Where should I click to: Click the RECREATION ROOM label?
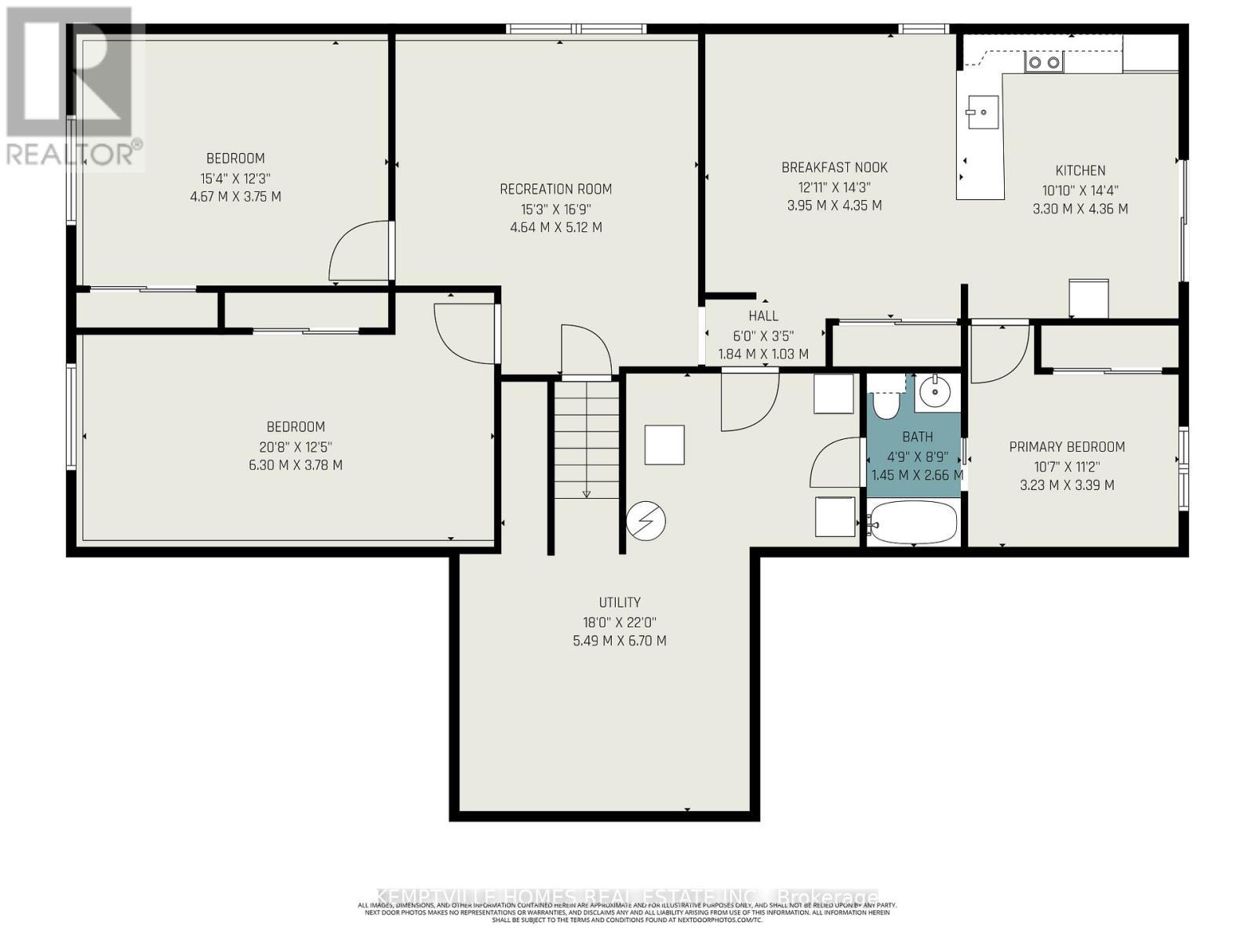(x=555, y=189)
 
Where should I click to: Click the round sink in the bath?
(x=934, y=391)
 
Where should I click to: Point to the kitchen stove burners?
(x=1044, y=62)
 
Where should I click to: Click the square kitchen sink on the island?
(x=982, y=112)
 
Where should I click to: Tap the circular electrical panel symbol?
(x=646, y=521)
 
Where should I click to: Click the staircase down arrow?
(x=587, y=492)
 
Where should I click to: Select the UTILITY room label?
(x=620, y=602)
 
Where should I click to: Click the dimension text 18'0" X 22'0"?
(x=620, y=622)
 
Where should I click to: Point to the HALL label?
(x=763, y=316)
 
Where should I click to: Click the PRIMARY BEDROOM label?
(x=1067, y=447)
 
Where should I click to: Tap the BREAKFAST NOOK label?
(x=835, y=167)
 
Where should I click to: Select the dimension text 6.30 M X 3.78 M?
(x=296, y=465)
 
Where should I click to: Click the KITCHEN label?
(x=1080, y=170)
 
